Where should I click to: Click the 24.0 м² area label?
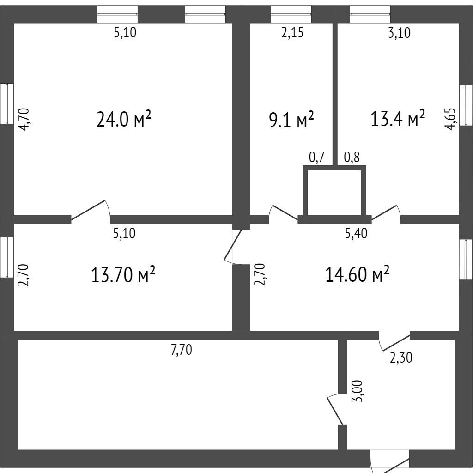click(124, 119)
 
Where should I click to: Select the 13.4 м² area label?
click(398, 118)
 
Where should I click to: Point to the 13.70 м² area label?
click(123, 274)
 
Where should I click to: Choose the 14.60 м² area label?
click(357, 274)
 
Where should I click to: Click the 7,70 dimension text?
click(181, 350)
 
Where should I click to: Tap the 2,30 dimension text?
click(401, 358)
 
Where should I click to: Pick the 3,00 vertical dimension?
click(358, 391)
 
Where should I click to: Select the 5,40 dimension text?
click(356, 233)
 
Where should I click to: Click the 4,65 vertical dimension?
click(451, 119)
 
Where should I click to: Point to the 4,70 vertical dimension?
click(24, 119)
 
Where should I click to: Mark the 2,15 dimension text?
click(292, 33)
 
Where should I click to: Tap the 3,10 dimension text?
click(399, 33)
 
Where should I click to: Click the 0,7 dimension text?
click(316, 157)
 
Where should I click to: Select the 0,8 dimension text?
click(352, 157)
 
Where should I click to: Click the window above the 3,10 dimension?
click(370, 14)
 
